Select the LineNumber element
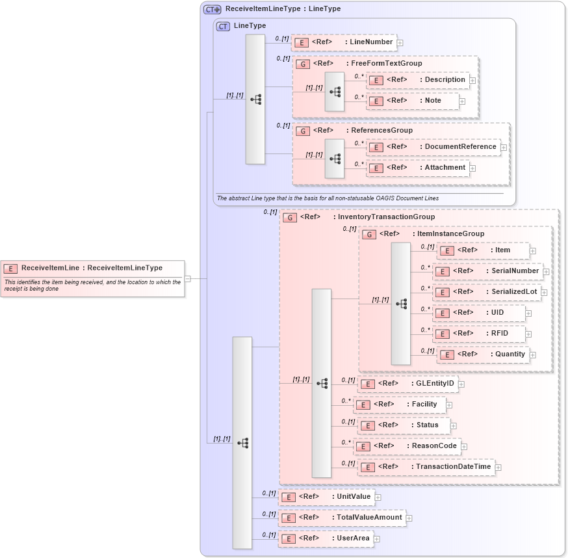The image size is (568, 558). tap(343, 42)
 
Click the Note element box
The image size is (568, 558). tap(412, 101)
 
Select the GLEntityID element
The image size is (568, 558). tap(407, 384)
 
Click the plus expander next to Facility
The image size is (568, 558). tap(449, 405)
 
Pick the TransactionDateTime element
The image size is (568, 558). tap(426, 467)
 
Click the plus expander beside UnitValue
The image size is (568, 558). tap(378, 498)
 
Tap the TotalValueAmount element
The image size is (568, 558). tap(342, 518)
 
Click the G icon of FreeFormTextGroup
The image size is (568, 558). tap(302, 64)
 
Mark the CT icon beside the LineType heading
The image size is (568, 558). tap(223, 26)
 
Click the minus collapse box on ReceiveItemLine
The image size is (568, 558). tap(187, 278)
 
